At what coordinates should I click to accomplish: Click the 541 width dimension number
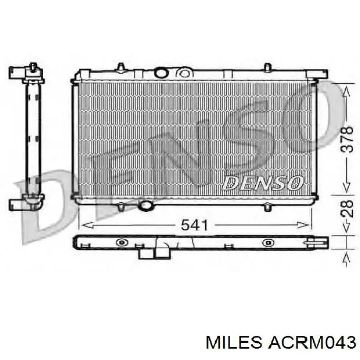194,225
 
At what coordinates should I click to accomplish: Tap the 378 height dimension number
347,139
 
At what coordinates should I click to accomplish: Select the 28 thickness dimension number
347,209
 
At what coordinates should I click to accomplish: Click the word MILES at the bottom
233,343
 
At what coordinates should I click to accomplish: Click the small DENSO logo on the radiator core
263,183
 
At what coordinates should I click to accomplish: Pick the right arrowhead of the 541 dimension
302,225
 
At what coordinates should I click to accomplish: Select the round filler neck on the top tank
161,73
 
